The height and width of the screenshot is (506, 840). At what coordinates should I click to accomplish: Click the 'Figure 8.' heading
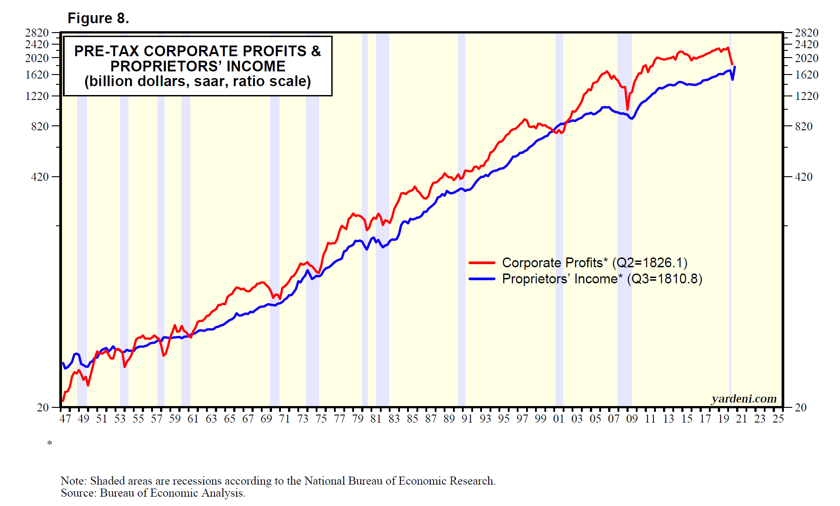tap(98, 18)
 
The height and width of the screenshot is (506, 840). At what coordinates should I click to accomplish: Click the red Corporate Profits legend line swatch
tap(482, 263)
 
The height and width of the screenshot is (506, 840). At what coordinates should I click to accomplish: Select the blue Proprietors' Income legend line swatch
tap(482, 279)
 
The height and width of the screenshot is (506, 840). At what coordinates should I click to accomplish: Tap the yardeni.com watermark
tap(744, 398)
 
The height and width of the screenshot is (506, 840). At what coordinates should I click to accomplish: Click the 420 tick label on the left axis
tap(40, 177)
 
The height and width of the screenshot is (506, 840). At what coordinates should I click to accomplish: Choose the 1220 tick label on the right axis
tap(807, 96)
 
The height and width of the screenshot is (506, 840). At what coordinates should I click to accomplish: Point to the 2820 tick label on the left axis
tap(37, 33)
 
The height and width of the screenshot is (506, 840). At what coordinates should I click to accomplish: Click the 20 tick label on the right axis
tap(801, 407)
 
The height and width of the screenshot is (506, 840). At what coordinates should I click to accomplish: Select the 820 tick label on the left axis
tap(40, 126)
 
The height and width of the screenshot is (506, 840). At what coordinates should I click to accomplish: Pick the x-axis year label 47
tap(65, 419)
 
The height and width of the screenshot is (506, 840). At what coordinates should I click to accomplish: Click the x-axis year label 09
tap(632, 419)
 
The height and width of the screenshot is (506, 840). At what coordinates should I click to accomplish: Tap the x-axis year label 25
tap(778, 419)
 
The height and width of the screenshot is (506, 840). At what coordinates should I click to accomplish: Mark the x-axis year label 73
tap(303, 419)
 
